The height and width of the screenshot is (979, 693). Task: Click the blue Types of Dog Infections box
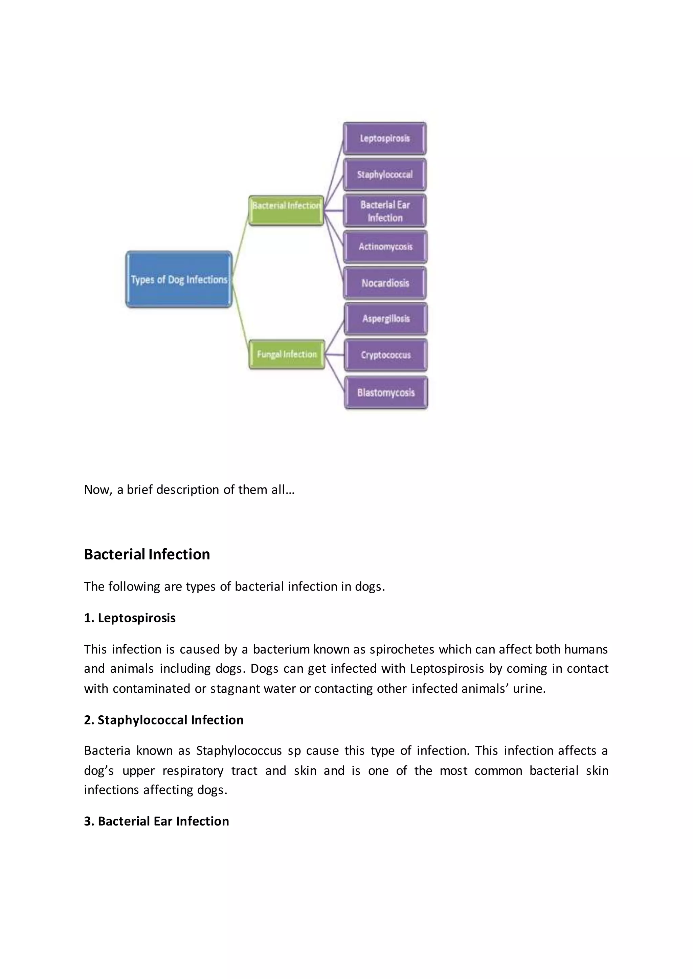pyautogui.click(x=179, y=279)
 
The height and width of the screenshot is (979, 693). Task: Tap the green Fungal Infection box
pyautogui.click(x=287, y=354)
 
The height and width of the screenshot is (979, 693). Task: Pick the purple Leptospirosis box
pyautogui.click(x=384, y=139)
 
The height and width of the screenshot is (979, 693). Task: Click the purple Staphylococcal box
pyautogui.click(x=384, y=174)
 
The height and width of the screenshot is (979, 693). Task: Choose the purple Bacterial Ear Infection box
pyautogui.click(x=385, y=211)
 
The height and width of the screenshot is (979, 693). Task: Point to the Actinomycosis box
pyautogui.click(x=385, y=247)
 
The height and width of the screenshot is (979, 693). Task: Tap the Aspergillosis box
pyautogui.click(x=386, y=319)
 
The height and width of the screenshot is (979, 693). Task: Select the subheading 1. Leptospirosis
pyautogui.click(x=130, y=618)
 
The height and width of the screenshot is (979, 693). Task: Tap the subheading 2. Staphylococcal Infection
pyautogui.click(x=164, y=720)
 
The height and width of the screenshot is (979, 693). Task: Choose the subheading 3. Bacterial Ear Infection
pyautogui.click(x=157, y=821)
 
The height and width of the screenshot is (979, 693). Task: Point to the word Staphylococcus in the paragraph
pyautogui.click(x=239, y=750)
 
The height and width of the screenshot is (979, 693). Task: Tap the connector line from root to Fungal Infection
pyautogui.click(x=241, y=315)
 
